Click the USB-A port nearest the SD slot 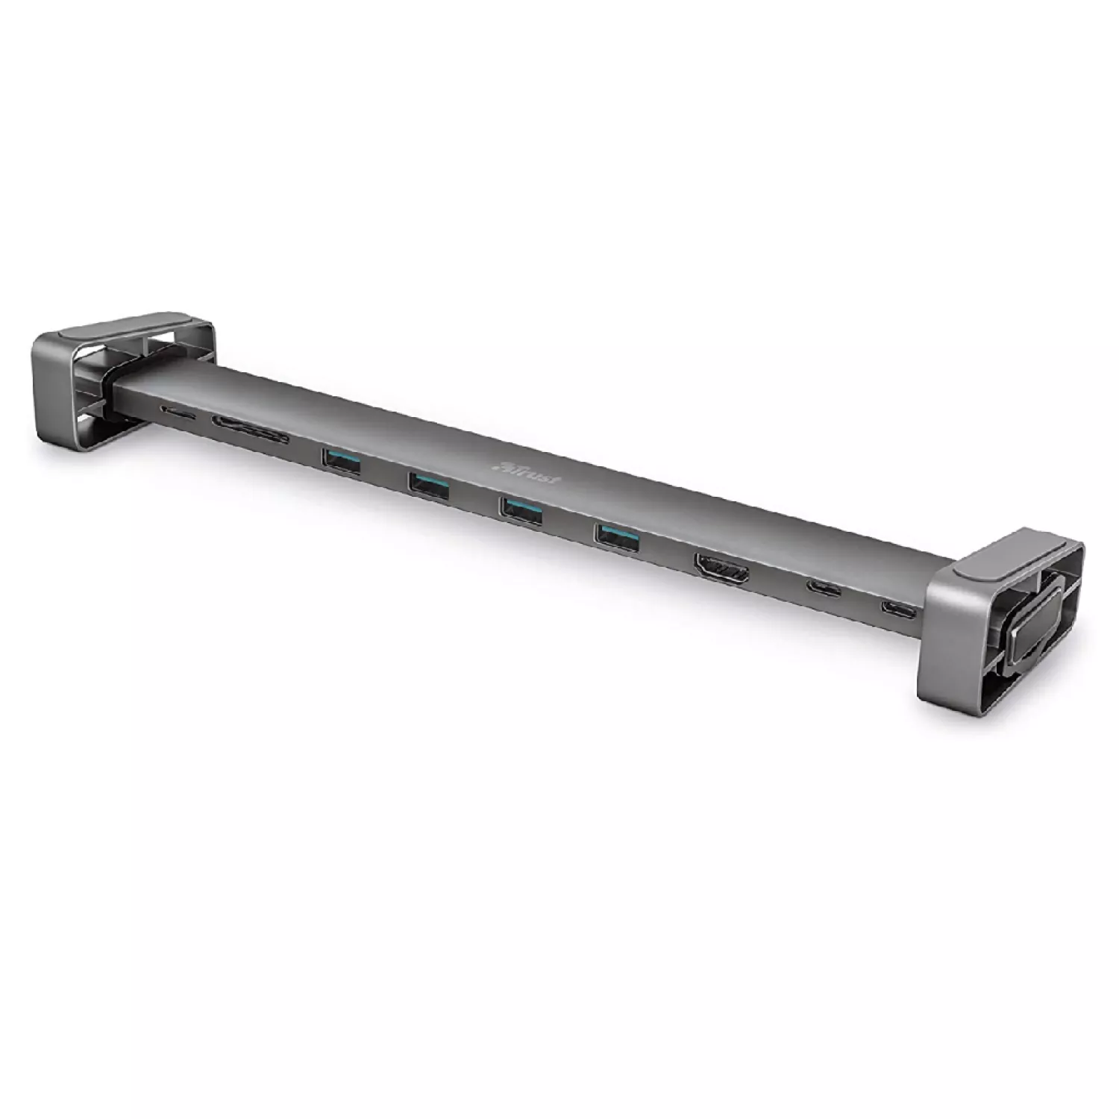click(342, 462)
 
